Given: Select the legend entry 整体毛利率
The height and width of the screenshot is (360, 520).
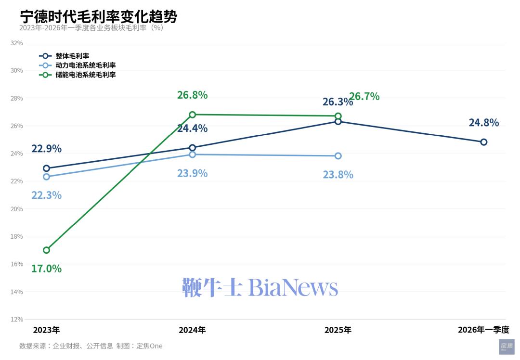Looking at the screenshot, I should pos(72,56).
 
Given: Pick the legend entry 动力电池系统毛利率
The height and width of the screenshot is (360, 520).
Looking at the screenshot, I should pos(85,65).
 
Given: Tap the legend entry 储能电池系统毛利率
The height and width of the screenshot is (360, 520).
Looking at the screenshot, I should pos(85,75).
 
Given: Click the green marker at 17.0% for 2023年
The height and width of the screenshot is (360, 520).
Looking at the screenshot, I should pos(46,250).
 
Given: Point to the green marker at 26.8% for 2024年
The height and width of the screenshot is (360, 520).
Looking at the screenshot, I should pos(192,115).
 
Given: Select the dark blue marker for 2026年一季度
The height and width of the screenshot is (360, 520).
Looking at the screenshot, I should pos(483,142).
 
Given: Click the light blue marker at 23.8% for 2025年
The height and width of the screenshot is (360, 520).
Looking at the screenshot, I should pos(338,156).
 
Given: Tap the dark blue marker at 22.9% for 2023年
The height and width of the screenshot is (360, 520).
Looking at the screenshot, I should pos(46,168).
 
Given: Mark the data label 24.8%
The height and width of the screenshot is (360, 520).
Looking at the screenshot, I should pos(483,123).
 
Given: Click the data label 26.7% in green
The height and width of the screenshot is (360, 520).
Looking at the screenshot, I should pos(364,97).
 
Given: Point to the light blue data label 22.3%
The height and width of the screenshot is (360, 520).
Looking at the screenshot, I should pos(46,195).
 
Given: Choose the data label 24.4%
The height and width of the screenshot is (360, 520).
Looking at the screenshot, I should pos(192,129).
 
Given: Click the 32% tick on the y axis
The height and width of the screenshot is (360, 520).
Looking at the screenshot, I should pos(17,43).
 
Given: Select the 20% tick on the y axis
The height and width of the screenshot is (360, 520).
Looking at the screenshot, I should pos(17,209).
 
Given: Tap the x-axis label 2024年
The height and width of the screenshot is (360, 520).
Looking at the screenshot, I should pos(192,330).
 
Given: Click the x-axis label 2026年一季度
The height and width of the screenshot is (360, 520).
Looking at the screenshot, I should pos(483,330).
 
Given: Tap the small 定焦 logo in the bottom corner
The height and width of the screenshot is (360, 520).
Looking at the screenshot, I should pos(507,347).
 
